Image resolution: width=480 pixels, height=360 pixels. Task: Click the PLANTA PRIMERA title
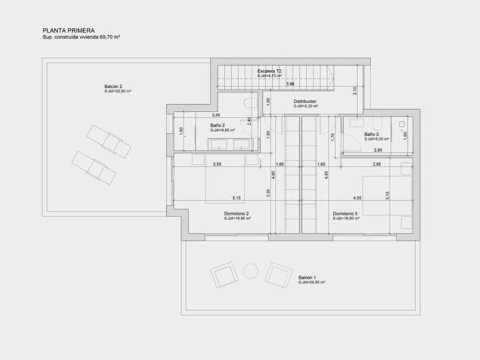pyautogui.click(x=68, y=29)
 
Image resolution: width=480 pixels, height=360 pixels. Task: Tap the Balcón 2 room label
pyautogui.click(x=113, y=86)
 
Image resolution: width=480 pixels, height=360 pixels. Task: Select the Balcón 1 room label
pyautogui.click(x=307, y=277)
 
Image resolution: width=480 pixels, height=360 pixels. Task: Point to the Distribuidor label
pyautogui.click(x=306, y=101)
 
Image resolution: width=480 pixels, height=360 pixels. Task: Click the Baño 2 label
pyautogui.click(x=218, y=125)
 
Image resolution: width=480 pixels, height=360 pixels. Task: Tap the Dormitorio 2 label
pyautogui.click(x=237, y=214)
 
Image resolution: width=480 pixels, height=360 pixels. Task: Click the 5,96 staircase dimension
pyautogui.click(x=291, y=84)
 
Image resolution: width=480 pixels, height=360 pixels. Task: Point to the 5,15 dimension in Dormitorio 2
pyautogui.click(x=237, y=198)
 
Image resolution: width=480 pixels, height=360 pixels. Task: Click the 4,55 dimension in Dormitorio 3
pyautogui.click(x=357, y=198)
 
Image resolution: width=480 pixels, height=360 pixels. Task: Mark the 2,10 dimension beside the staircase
pyautogui.click(x=355, y=89)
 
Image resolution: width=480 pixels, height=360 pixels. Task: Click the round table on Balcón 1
pyautogui.click(x=250, y=272)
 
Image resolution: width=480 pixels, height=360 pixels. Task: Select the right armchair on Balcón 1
pyautogui.click(x=277, y=273)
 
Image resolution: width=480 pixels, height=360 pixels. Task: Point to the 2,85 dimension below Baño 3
pyautogui.click(x=377, y=151)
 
